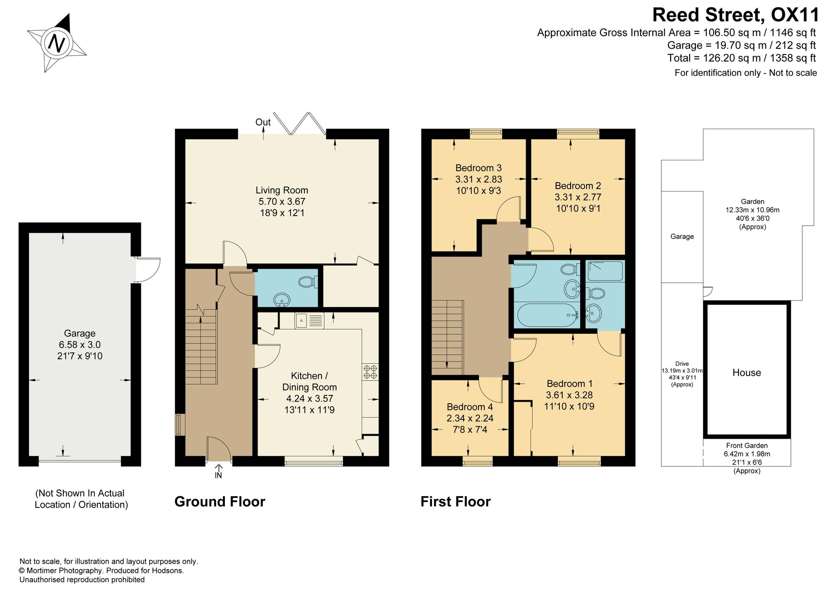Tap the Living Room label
pos(282,190)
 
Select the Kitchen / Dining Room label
pos(309,381)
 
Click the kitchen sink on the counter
pos(309,321)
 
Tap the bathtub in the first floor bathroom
pos(546,315)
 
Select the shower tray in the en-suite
pos(605,271)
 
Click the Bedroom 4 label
pos(470,407)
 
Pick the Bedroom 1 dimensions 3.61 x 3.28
pos(569,395)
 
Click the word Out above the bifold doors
pos(263,122)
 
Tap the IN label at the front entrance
pos(218,475)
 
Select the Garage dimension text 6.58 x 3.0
pos(80,345)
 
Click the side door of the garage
pos(147,270)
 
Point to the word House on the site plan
pos(747,373)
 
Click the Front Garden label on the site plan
pos(747,445)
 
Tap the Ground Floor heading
pos(220,502)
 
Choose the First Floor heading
pos(456,502)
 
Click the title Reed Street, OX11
pos(736,15)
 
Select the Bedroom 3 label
pos(479,168)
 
